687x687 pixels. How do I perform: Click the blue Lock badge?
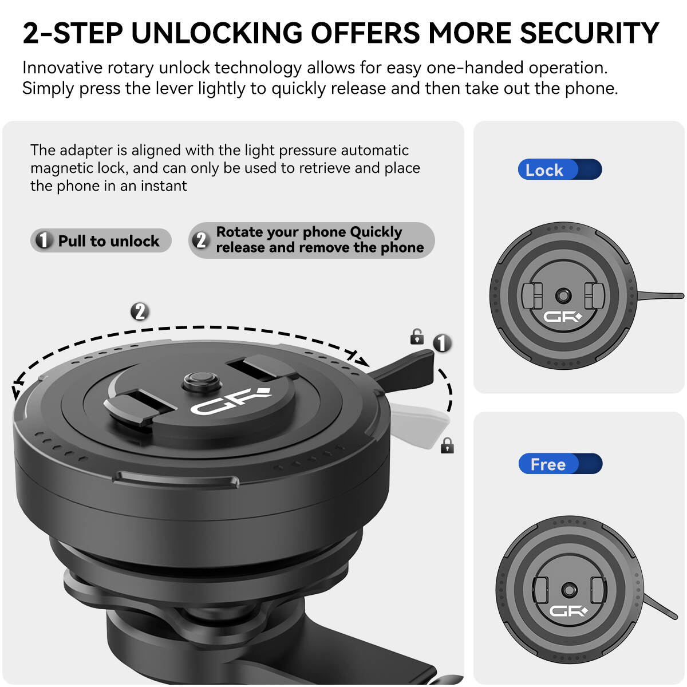(x=559, y=169)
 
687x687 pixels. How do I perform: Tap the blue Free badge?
(x=560, y=464)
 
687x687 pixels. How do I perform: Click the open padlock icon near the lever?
(x=416, y=337)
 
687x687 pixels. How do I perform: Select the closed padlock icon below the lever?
(x=447, y=445)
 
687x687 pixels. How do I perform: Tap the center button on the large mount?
(x=202, y=380)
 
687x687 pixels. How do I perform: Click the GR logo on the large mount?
(x=231, y=401)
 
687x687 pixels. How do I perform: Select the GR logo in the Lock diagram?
(x=562, y=317)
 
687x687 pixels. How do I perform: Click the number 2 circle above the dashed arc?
(x=140, y=311)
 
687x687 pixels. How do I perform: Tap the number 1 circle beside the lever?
(x=442, y=343)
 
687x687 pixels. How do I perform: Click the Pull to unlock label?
(x=101, y=240)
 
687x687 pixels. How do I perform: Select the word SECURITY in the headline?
(x=589, y=33)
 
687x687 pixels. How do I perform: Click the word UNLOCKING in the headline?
(x=217, y=33)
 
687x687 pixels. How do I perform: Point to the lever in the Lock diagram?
(x=660, y=295)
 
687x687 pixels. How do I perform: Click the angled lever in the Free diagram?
(x=660, y=607)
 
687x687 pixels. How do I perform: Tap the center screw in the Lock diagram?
(x=563, y=295)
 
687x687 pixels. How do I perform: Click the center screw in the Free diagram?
(x=569, y=590)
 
